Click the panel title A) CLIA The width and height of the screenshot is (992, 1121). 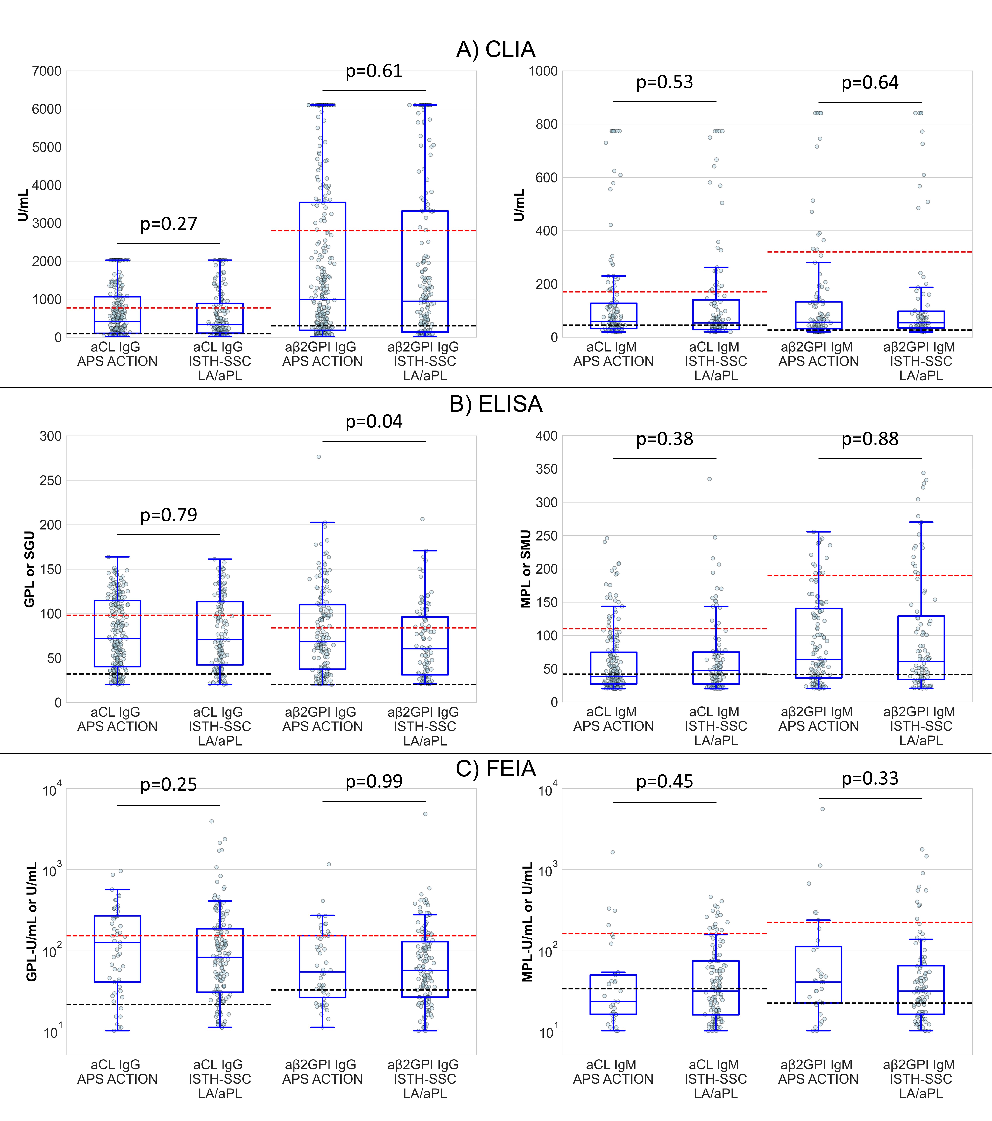pyautogui.click(x=496, y=49)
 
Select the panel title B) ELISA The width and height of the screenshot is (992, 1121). pyautogui.click(x=496, y=404)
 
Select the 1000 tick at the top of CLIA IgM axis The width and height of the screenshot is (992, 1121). pyautogui.click(x=543, y=71)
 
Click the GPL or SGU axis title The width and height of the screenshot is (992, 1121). pyautogui.click(x=30, y=569)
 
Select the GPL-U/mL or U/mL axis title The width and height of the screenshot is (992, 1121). pyautogui.click(x=32, y=921)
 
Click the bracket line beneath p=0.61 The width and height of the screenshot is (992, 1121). pyautogui.click(x=374, y=90)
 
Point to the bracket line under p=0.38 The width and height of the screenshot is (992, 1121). pyautogui.click(x=665, y=458)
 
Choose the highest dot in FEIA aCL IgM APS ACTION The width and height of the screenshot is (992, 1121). pyautogui.click(x=613, y=852)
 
